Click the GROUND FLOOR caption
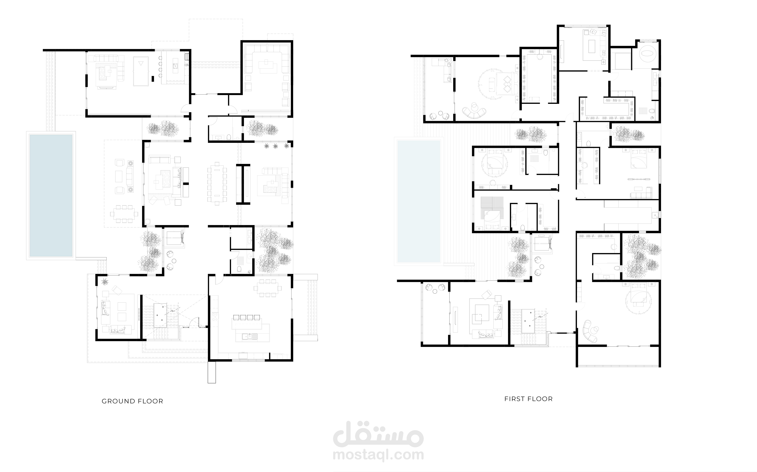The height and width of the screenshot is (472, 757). pos(133,401)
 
